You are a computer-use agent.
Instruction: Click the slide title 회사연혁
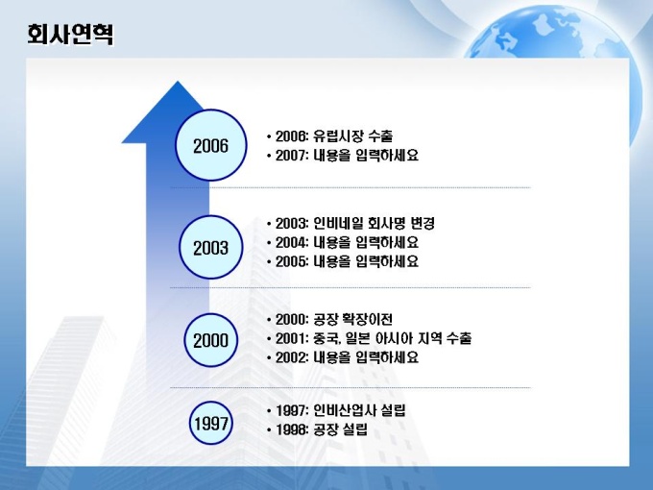(70, 35)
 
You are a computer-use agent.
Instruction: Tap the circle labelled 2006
(210, 145)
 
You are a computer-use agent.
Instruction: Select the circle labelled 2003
(210, 247)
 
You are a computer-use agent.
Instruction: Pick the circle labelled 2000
(210, 340)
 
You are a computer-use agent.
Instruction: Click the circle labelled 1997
(210, 423)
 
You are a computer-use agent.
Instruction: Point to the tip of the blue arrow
(178, 82)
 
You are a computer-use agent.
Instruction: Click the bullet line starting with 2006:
(329, 135)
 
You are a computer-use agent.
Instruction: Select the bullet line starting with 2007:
(342, 155)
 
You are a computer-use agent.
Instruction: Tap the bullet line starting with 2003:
(351, 223)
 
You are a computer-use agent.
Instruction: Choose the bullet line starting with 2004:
(342, 242)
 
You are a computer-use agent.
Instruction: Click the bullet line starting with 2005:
(342, 261)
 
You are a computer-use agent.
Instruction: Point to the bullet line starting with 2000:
(329, 320)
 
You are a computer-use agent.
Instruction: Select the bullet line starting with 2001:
(369, 338)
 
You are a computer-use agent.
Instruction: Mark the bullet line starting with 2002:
(342, 357)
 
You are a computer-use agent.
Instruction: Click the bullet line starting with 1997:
(336, 411)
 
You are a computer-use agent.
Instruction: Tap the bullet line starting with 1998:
(317, 429)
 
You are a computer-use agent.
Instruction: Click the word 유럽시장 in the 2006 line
(338, 135)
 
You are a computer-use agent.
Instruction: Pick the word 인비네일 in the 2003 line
(338, 223)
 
